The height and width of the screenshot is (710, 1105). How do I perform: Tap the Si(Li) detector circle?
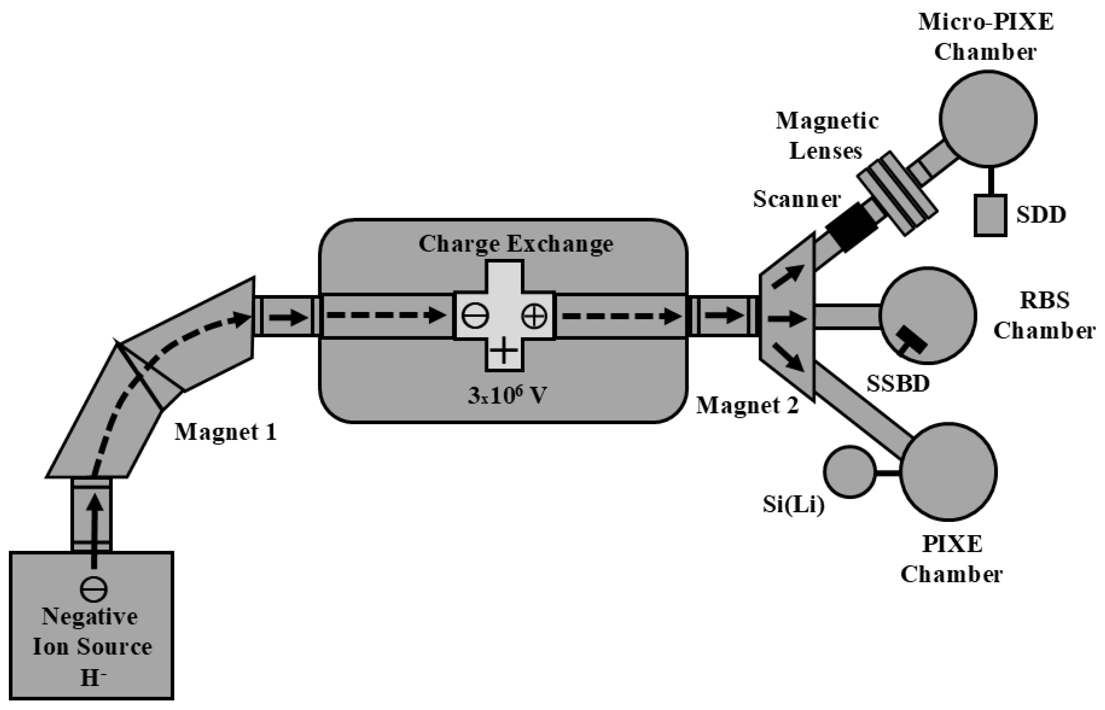click(x=850, y=472)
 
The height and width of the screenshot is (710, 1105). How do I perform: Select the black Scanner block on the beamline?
click(x=851, y=227)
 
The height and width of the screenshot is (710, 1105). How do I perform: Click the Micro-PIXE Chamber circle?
click(x=988, y=119)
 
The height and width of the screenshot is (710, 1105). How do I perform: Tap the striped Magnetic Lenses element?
click(x=897, y=193)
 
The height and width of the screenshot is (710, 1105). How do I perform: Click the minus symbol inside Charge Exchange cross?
click(x=475, y=317)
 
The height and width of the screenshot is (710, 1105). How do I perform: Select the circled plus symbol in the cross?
click(x=534, y=317)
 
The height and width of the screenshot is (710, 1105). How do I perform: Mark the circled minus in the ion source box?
click(x=94, y=589)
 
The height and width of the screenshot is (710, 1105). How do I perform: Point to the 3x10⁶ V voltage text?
click(x=507, y=396)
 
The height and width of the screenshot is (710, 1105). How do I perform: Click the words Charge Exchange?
click(x=516, y=244)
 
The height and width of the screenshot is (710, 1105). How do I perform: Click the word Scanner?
click(x=797, y=199)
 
